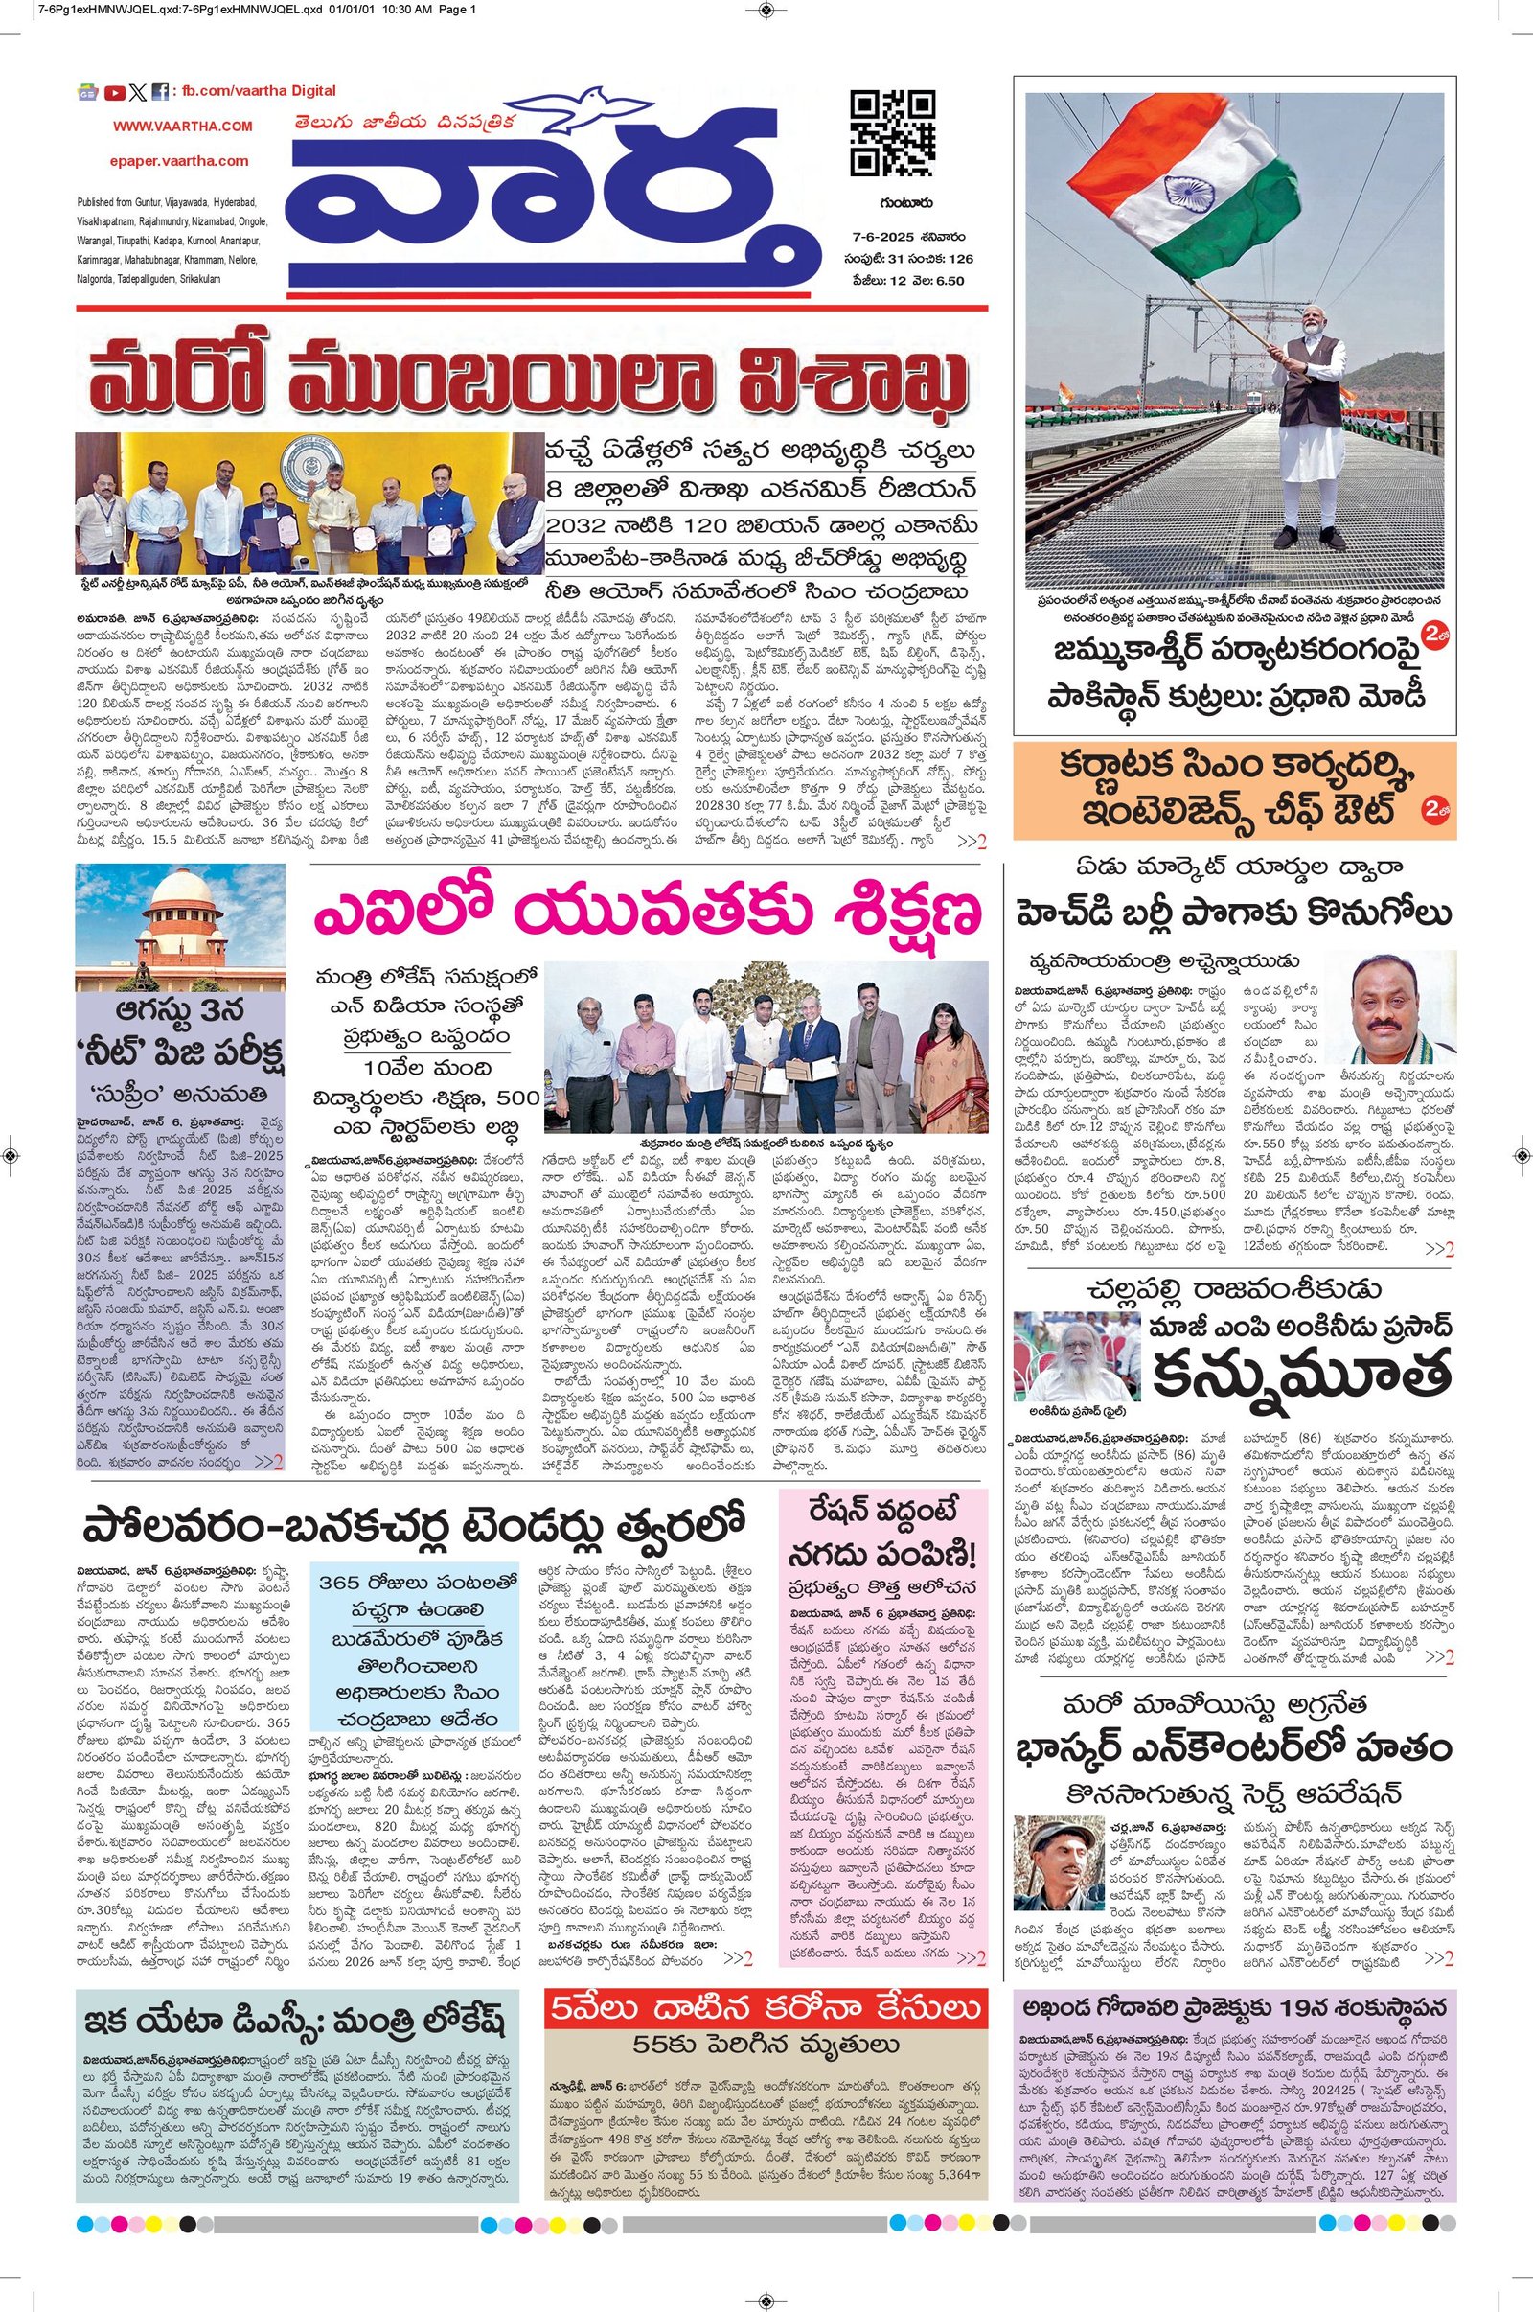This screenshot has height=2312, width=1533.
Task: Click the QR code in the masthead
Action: coord(893,132)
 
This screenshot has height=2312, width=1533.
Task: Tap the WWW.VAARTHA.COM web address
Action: coord(183,127)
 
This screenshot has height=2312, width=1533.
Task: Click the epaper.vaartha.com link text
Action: coord(178,160)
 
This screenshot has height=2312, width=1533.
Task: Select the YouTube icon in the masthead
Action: coord(114,93)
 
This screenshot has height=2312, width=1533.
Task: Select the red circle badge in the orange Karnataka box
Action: coord(1435,809)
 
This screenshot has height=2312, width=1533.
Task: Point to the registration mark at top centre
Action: coord(766,12)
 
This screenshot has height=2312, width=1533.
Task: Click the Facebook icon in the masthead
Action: coord(159,93)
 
